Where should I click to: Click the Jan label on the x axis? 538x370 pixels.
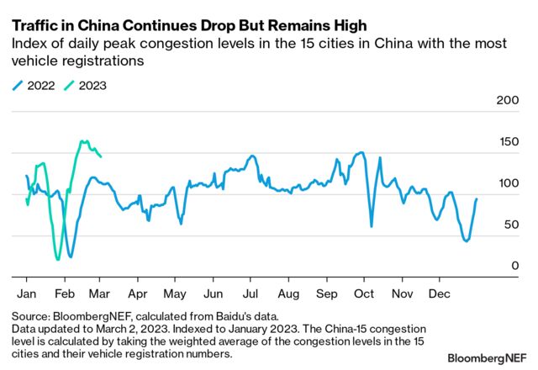tap(26, 294)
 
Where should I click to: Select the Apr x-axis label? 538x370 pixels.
tap(138, 294)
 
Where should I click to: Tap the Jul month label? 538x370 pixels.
tap(250, 294)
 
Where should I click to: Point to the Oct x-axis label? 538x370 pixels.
tap(364, 294)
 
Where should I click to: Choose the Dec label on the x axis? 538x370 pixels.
tap(439, 294)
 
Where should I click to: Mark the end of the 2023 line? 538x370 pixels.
tap(101, 156)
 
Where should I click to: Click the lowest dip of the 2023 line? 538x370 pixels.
tap(57, 259)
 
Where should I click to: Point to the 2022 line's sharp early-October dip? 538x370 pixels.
tap(371, 225)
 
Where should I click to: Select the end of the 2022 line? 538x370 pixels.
tap(477, 199)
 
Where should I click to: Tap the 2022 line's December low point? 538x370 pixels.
tap(466, 240)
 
